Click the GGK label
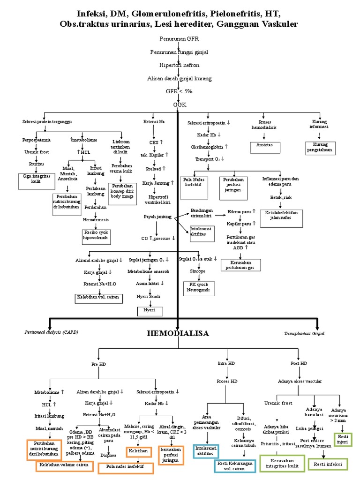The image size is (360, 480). pyautogui.click(x=177, y=105)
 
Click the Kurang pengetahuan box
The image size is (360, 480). pyautogui.click(x=319, y=148)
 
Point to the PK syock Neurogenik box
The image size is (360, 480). pyautogui.click(x=199, y=288)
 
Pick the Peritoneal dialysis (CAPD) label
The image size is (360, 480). pyautogui.click(x=51, y=332)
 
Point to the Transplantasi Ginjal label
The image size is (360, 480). pyautogui.click(x=304, y=334)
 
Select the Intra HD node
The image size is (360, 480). pyautogui.click(x=226, y=363)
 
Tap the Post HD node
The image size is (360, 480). pyautogui.click(x=299, y=363)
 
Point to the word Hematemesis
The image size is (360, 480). pyautogui.click(x=96, y=219)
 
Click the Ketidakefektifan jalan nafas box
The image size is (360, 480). pyautogui.click(x=282, y=216)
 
